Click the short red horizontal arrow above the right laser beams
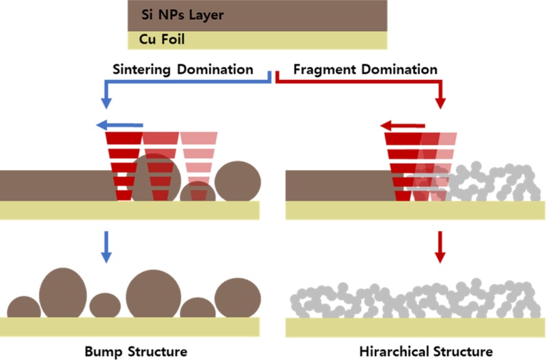pyautogui.click(x=403, y=125)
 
